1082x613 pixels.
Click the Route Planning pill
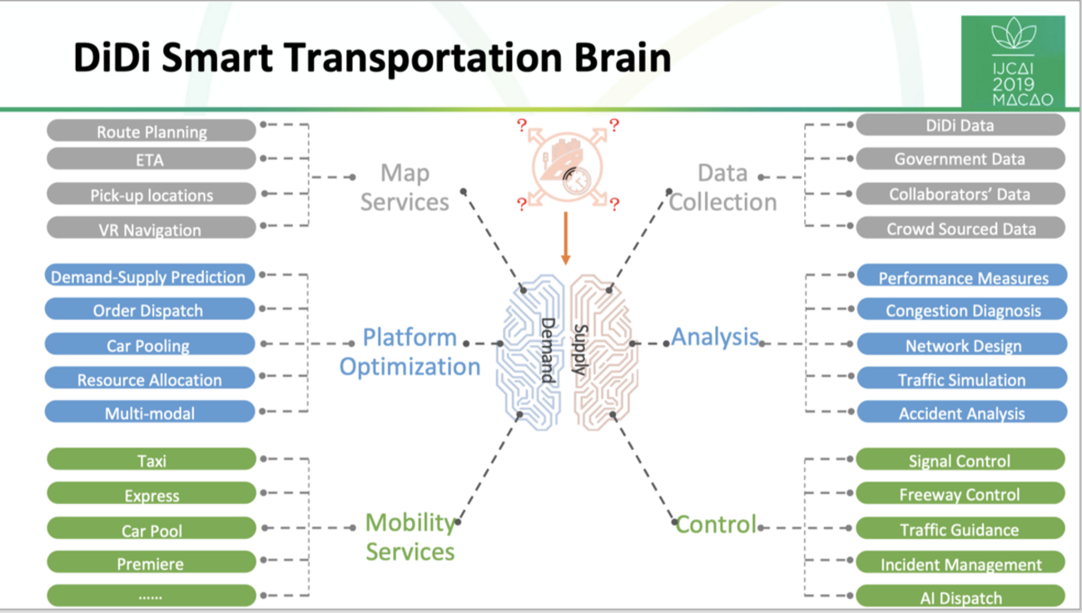point(151,131)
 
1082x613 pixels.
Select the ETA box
point(151,160)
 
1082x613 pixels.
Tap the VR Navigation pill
point(151,229)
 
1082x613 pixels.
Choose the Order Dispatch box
point(150,310)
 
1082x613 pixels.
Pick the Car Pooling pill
point(150,344)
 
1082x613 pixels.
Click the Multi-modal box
point(150,413)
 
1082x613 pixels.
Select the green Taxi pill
point(151,460)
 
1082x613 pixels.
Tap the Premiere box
point(151,563)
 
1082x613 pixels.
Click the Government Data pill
point(960,158)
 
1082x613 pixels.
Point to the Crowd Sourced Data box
point(960,228)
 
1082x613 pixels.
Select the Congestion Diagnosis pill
point(962,310)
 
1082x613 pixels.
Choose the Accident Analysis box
point(962,413)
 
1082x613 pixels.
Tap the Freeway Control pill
point(960,494)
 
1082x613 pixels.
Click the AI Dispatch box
point(960,596)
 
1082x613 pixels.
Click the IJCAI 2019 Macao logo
point(1012,62)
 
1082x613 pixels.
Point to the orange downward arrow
point(566,238)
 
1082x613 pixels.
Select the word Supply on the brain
point(581,350)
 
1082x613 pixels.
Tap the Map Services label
point(405,187)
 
